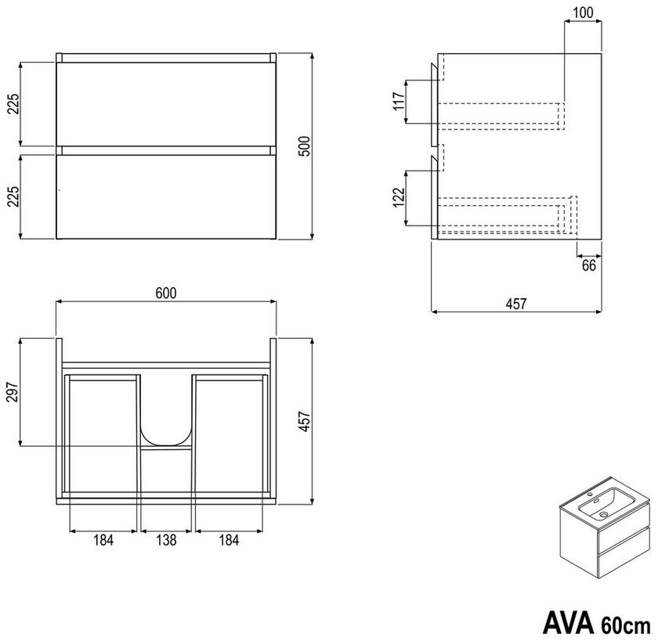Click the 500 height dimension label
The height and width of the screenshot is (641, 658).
306,146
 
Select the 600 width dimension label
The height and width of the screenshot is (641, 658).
166,293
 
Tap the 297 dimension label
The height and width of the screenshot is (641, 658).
13,392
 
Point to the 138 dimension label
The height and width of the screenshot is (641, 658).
166,540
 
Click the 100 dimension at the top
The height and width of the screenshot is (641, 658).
583,13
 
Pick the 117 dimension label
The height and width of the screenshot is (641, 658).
399,101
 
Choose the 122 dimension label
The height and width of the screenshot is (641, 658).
399,196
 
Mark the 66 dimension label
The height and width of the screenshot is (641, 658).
589,265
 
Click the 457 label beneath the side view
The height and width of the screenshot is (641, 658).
515,304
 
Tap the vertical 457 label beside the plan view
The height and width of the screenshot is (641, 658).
304,421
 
